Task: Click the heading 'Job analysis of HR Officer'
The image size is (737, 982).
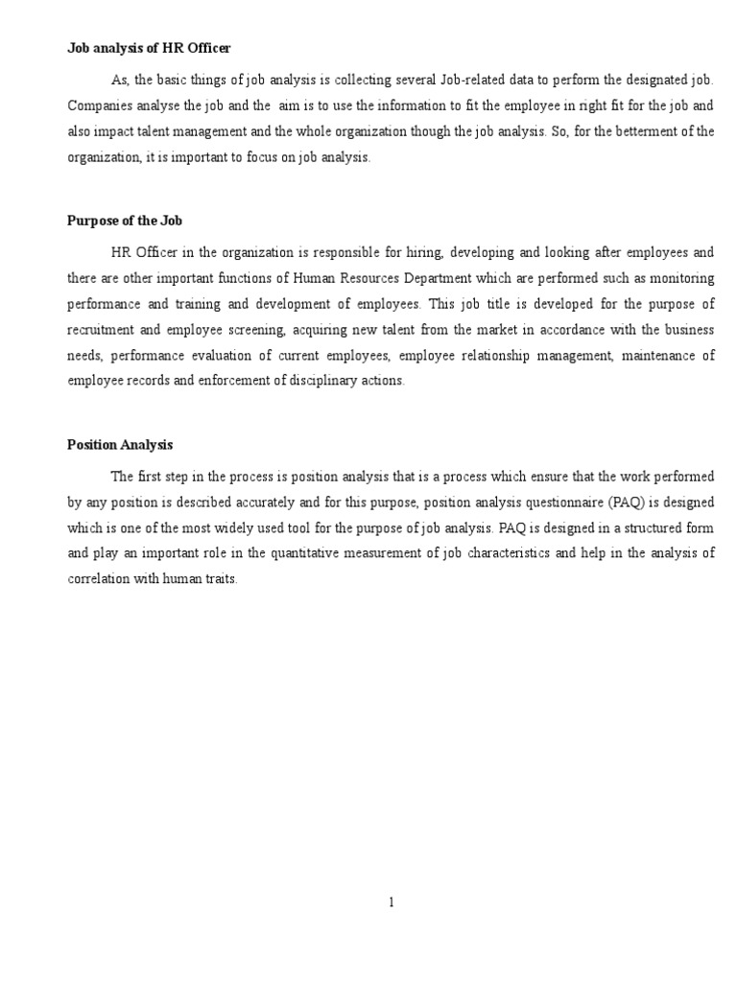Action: coord(149,48)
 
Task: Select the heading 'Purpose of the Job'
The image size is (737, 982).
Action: coord(125,221)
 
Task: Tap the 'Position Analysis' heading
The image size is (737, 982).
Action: coord(119,445)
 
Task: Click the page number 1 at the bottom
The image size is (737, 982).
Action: coord(391,901)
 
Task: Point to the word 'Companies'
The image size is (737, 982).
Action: coord(96,105)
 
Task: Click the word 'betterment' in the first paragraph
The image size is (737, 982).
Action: coord(637,131)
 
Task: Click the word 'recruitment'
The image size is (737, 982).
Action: coord(102,329)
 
